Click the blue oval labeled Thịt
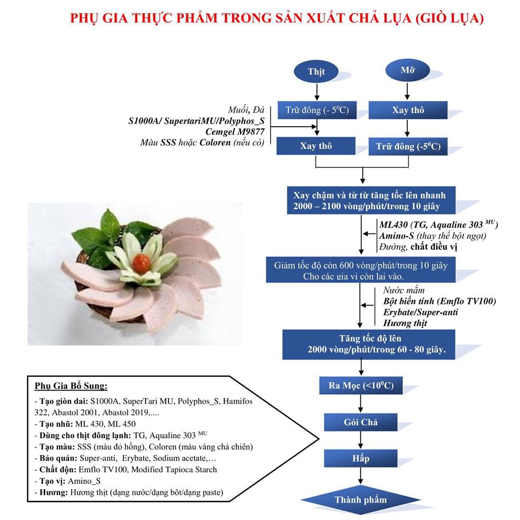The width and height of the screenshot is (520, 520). pyautogui.click(x=316, y=71)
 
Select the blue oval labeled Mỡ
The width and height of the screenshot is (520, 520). pyautogui.click(x=407, y=70)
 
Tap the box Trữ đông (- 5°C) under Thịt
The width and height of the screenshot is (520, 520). pyautogui.click(x=317, y=110)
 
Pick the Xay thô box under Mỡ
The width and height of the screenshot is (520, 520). pyautogui.click(x=408, y=110)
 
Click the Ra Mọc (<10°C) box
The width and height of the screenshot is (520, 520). pyautogui.click(x=361, y=385)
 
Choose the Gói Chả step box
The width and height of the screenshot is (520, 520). pyautogui.click(x=361, y=422)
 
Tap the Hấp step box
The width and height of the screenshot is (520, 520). pyautogui.click(x=361, y=458)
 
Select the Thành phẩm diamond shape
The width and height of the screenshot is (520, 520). pyautogui.click(x=361, y=500)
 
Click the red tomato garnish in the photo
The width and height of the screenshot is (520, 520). pyautogui.click(x=141, y=263)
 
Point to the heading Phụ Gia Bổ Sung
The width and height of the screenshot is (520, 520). pyautogui.click(x=71, y=386)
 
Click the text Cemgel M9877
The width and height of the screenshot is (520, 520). pyautogui.click(x=235, y=132)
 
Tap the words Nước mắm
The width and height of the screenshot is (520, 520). pyautogui.click(x=404, y=290)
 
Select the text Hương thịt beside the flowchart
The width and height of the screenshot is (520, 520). pyautogui.click(x=405, y=323)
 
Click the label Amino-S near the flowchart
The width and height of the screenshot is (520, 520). pyautogui.click(x=396, y=236)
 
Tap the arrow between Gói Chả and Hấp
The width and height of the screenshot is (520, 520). pyautogui.click(x=361, y=440)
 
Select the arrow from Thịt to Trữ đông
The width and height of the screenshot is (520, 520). pyautogui.click(x=317, y=92)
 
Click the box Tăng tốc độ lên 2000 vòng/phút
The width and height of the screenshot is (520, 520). pyautogui.click(x=369, y=344)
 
